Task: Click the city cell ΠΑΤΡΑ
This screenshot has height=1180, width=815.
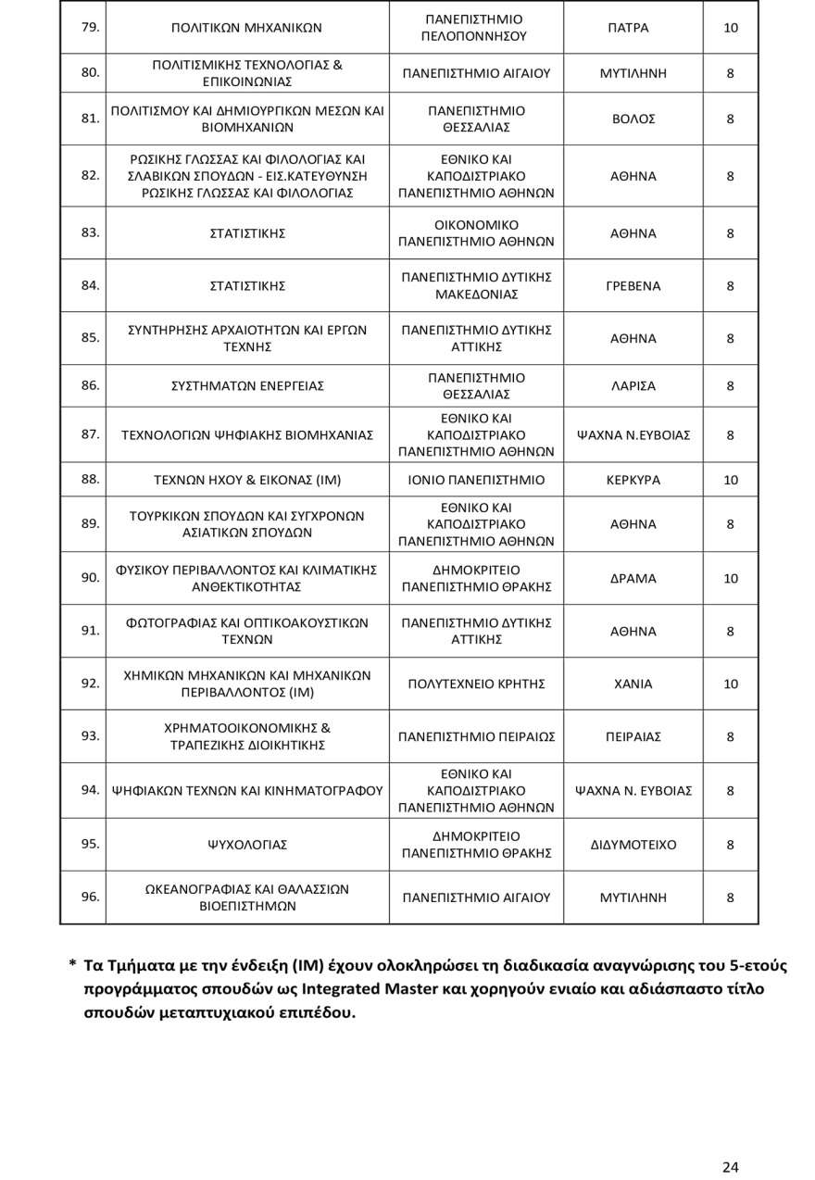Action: click(633, 28)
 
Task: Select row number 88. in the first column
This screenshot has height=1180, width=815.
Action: click(90, 480)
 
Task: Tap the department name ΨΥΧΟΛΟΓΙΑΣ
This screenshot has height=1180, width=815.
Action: click(246, 845)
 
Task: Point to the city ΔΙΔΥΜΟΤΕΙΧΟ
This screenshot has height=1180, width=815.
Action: click(633, 845)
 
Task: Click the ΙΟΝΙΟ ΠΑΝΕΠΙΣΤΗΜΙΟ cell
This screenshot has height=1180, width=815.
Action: click(476, 481)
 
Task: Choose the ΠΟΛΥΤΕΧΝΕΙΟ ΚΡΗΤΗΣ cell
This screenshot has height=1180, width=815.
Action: click(476, 684)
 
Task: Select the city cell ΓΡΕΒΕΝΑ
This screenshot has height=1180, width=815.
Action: click(633, 286)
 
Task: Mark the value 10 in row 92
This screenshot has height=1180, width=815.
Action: click(730, 684)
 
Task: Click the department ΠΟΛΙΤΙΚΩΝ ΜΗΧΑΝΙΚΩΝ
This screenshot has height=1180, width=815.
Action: click(246, 28)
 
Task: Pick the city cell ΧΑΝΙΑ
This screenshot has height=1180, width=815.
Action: click(633, 684)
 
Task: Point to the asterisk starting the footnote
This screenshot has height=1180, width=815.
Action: click(72, 965)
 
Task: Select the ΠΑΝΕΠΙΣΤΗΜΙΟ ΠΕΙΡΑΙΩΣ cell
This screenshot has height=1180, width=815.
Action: click(476, 737)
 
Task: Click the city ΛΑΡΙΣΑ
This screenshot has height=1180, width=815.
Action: click(633, 386)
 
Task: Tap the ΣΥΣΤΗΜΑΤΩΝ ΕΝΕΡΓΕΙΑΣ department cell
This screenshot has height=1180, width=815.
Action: click(246, 386)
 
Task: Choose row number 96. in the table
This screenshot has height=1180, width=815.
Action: click(90, 897)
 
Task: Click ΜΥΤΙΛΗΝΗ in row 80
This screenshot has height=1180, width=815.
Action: click(633, 72)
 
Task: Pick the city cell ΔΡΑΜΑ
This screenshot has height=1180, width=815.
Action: click(633, 579)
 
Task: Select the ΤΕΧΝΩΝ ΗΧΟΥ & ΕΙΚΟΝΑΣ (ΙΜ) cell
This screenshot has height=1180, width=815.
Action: click(246, 481)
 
